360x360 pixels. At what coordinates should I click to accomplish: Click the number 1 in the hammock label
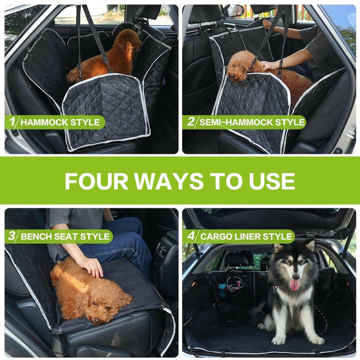coord(12,121)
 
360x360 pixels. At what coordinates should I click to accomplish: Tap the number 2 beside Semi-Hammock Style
coord(191,121)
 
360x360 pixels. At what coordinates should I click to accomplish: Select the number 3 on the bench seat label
coord(11,236)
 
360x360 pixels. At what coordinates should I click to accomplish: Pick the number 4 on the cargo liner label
coord(191,236)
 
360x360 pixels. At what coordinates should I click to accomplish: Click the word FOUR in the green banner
coord(97,181)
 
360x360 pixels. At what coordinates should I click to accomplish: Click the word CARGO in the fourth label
coord(215,236)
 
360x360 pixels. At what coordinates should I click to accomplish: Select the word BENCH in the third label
coord(34,236)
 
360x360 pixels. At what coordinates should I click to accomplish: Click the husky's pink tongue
coord(294,285)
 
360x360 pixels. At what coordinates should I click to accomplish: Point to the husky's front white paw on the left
coord(279,340)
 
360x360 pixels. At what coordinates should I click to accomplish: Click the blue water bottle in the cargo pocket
coord(222,290)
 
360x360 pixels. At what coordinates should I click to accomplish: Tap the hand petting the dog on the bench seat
coord(93,267)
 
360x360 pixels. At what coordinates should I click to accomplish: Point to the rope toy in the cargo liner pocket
coord(235,284)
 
